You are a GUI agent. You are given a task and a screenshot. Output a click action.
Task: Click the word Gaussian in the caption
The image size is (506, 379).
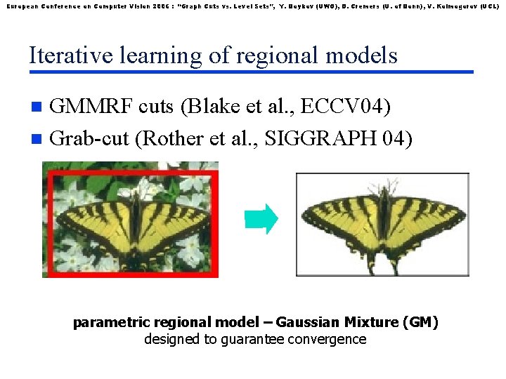pos(307,323)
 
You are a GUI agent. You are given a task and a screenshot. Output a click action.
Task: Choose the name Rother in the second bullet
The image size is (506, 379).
pos(167,138)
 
